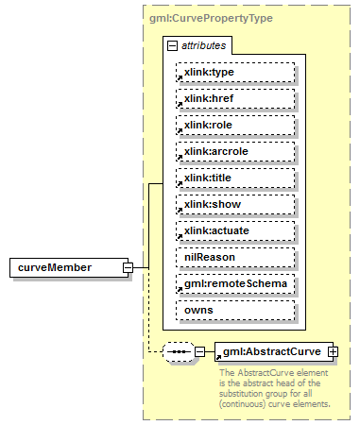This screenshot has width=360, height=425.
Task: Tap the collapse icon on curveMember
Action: tap(127, 267)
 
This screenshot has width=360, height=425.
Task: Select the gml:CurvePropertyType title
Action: tap(206, 18)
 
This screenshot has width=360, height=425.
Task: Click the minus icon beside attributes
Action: tap(171, 44)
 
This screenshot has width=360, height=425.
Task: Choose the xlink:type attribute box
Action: tap(235, 72)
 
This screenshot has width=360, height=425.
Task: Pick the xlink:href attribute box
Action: tap(235, 98)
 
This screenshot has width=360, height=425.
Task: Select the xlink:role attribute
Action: tap(235, 125)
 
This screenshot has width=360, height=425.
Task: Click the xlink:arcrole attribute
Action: tap(235, 151)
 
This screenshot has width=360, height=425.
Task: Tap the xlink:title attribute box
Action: tap(235, 178)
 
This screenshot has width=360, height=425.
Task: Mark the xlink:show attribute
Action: tap(235, 204)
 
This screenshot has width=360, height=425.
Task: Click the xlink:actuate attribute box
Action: tap(235, 230)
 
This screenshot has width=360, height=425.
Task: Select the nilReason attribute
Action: tap(235, 257)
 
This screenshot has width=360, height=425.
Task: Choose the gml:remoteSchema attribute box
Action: tap(235, 283)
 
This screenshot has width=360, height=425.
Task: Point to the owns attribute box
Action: tap(235, 310)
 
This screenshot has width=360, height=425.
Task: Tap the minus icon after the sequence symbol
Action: tap(199, 352)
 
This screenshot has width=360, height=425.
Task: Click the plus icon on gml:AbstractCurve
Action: tap(333, 352)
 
